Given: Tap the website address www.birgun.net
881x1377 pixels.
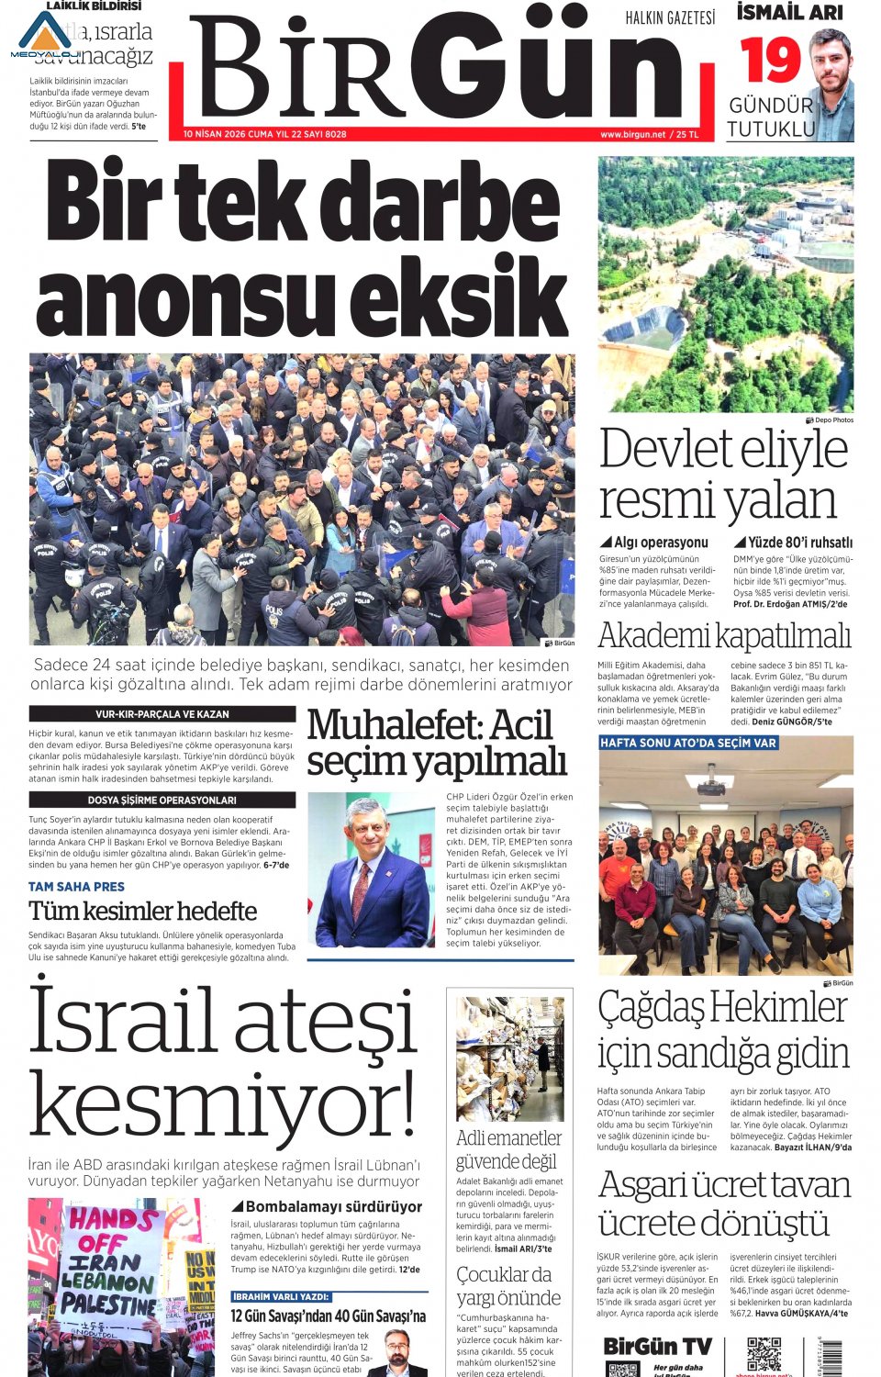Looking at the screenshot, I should coord(632,134).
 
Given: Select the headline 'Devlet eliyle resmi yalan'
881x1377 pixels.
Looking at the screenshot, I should coord(723,474).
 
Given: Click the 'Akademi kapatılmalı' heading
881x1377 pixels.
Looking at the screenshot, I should coord(724,635).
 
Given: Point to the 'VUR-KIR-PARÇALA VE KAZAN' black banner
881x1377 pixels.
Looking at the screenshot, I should coord(162,713).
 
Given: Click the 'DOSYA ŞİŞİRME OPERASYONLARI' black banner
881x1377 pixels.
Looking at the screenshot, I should coord(162,800).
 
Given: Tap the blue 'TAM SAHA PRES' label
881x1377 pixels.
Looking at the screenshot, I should coord(76,887).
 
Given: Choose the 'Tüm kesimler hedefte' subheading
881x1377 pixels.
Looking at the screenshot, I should coord(142,912).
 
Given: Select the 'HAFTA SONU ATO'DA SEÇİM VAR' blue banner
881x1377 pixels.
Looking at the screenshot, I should coord(688,743).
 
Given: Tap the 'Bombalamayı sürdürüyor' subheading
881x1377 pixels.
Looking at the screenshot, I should coord(327,1206).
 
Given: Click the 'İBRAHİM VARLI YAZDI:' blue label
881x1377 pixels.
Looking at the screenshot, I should coord(281,1296).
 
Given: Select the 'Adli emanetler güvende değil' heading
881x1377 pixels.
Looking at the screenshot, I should coord(508,1149).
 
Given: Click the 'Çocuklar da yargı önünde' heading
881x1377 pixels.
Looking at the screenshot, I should coord(508,1285).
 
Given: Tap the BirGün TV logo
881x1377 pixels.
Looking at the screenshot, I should coord(658,1347).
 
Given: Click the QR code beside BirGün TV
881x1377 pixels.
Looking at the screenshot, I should coord(764,1354).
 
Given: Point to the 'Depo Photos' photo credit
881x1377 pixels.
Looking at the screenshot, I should coord(830,420).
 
